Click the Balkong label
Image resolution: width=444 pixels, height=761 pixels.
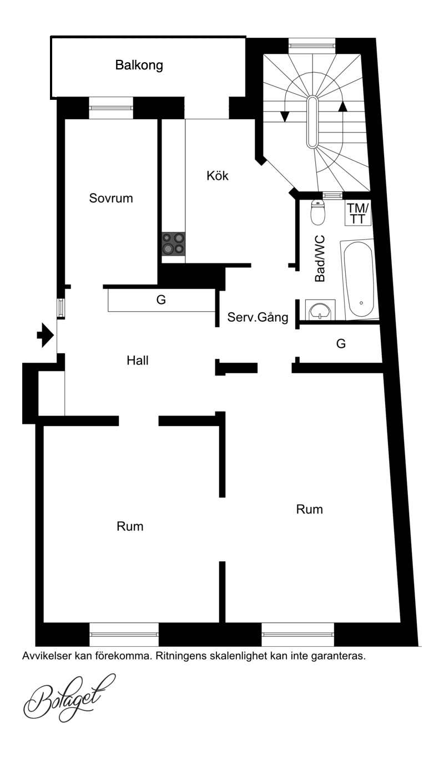(139, 65)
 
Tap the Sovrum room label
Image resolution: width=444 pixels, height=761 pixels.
(111, 198)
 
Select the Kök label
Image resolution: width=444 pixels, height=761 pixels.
(217, 176)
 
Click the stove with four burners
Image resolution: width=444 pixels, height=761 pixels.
(173, 244)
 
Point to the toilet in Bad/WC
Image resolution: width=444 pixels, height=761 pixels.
(318, 212)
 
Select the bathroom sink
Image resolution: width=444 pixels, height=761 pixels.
(320, 310)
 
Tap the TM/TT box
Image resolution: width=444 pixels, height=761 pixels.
(357, 214)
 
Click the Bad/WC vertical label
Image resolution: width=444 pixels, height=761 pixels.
(320, 258)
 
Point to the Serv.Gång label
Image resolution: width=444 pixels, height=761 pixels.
(258, 317)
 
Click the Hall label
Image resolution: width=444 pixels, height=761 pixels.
(137, 361)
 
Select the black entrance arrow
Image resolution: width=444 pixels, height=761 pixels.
(46, 336)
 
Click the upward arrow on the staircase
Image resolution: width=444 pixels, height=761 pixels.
(344, 106)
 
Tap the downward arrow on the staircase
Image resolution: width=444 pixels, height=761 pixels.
(285, 116)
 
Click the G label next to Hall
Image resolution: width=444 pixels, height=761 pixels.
(161, 300)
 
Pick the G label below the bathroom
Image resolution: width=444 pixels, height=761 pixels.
(341, 344)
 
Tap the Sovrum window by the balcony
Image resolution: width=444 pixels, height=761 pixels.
(111, 108)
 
